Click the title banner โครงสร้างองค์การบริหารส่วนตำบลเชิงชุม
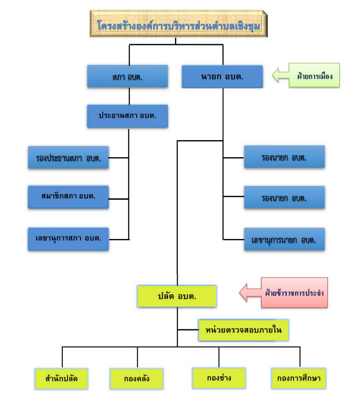[179, 24]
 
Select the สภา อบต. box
[128, 76]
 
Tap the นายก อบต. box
[222, 77]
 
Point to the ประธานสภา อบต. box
[128, 116]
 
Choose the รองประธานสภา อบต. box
[68, 158]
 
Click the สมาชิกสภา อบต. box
[68, 197]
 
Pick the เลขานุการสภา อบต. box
[68, 239]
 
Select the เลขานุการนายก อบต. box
[284, 239]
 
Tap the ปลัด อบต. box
[177, 296]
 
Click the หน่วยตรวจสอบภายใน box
[243, 330]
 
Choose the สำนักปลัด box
[62, 379]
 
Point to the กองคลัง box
[136, 379]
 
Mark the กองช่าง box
[219, 378]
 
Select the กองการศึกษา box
[299, 378]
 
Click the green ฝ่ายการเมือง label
[314, 75]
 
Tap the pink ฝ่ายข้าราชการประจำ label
[294, 293]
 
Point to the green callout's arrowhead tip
[273, 75]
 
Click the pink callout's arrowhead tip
[240, 293]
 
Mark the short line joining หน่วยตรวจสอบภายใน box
[188, 330]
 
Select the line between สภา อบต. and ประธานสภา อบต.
[129, 96]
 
